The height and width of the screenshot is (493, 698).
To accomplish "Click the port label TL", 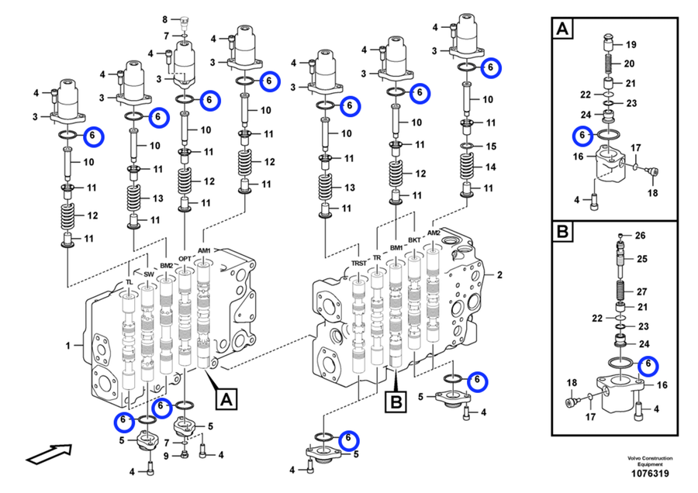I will point(130,282).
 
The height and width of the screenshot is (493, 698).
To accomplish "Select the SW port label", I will point(149,274).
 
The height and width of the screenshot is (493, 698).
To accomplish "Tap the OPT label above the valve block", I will point(185,259).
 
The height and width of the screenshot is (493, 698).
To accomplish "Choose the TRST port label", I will point(358,264).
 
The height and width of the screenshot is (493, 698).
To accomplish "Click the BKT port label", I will point(414,240).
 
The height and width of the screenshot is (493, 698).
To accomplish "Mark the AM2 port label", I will point(434,233).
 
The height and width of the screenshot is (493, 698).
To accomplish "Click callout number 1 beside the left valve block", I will point(68,345).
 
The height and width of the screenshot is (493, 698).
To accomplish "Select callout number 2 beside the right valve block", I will point(500,274).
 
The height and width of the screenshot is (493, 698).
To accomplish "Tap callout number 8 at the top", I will point(164,19).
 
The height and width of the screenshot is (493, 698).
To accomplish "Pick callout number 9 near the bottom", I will point(164,455).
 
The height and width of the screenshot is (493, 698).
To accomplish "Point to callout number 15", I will point(490,146).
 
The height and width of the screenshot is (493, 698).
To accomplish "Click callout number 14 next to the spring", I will point(490,167).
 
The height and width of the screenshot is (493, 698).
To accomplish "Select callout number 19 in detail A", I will point(631,44).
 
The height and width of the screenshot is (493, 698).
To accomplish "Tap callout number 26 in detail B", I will point(640,236).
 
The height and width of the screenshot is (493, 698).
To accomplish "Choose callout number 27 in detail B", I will point(641,292).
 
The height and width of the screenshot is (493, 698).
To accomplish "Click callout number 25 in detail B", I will point(641,258).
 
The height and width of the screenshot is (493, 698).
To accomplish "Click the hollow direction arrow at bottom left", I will point(47,452).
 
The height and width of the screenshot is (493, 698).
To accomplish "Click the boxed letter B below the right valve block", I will point(396,402).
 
